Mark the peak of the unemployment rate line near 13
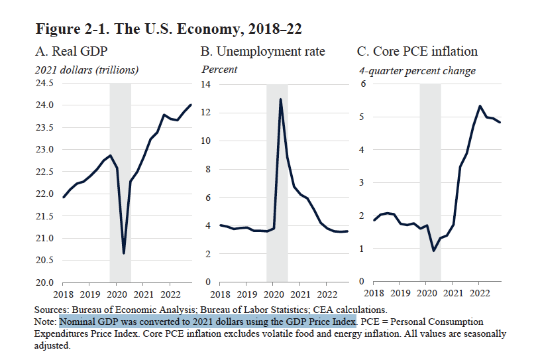(280, 99)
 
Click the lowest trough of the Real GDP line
(124, 253)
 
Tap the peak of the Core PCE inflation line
(479, 106)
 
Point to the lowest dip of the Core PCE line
(433, 251)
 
